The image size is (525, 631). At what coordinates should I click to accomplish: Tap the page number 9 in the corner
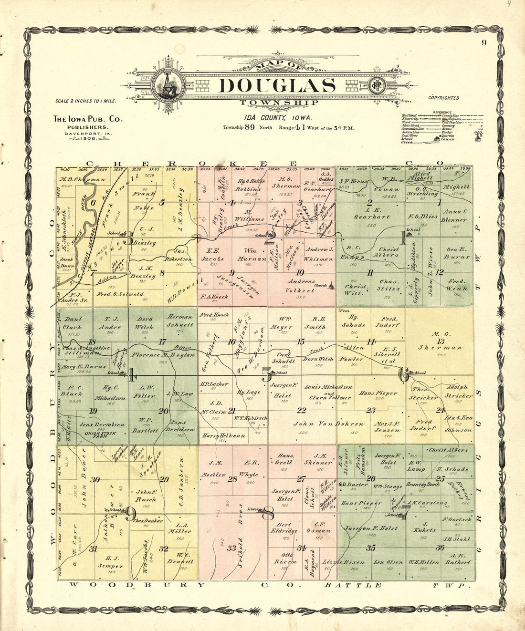tap(483, 42)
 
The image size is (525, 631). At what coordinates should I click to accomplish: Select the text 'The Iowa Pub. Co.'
tap(87, 119)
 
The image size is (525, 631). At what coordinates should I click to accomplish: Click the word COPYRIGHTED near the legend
tap(443, 98)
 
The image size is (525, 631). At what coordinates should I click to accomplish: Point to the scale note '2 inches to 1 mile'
tap(85, 101)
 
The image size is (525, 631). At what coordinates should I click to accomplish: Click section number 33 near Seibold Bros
tap(231, 548)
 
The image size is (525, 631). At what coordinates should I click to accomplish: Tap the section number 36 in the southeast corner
tap(440, 548)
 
